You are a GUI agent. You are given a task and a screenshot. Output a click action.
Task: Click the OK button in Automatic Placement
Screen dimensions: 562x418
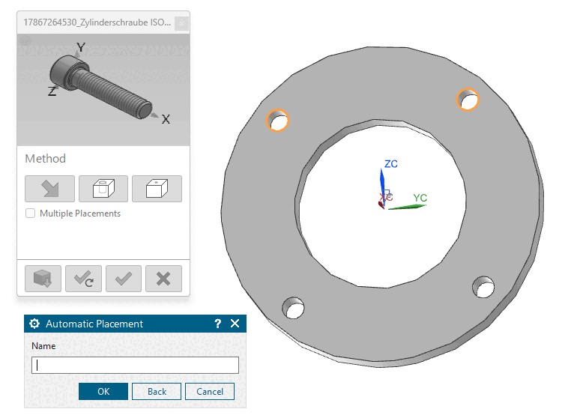tap(103, 391)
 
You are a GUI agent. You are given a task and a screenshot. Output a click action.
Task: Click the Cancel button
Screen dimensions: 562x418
tap(210, 391)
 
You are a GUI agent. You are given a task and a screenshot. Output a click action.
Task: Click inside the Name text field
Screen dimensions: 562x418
tap(135, 365)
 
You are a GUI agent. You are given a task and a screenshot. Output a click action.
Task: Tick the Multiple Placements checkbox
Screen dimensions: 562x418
tap(31, 213)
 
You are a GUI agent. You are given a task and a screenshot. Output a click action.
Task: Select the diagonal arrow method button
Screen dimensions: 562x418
tap(49, 189)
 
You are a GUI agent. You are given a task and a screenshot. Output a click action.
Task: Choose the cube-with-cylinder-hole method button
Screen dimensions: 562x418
tap(103, 189)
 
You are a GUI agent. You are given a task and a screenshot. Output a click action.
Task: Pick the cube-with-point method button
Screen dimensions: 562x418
tap(157, 189)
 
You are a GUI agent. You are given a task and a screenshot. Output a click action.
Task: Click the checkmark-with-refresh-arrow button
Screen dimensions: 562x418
tap(83, 279)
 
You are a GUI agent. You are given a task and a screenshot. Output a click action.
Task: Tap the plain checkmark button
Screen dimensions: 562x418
tap(124, 279)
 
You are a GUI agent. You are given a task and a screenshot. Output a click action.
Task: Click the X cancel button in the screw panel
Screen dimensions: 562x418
tap(163, 279)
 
